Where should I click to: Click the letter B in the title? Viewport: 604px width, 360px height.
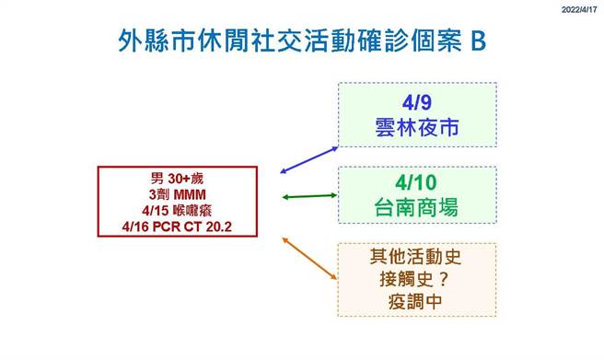(478, 41)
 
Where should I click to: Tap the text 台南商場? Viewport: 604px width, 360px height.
(416, 209)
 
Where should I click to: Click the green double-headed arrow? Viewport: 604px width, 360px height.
(308, 196)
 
